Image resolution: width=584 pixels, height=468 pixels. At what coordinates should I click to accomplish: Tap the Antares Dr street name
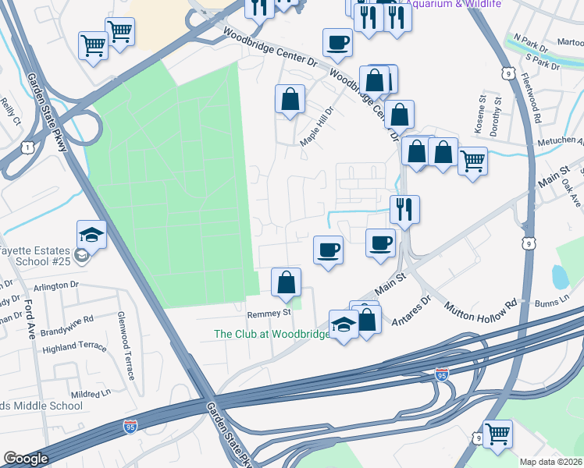pyautogui.click(x=415, y=310)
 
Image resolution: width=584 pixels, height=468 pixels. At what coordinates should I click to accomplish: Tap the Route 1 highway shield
pyautogui.click(x=28, y=147)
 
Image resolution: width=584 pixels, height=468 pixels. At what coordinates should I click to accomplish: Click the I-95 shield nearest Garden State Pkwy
pyautogui.click(x=130, y=427)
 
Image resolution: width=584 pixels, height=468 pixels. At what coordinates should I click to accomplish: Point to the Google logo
pyautogui.click(x=26, y=459)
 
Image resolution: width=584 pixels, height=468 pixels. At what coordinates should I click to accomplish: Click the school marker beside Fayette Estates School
pyautogui.click(x=91, y=234)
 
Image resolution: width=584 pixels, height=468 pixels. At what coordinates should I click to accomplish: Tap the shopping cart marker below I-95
pyautogui.click(x=497, y=434)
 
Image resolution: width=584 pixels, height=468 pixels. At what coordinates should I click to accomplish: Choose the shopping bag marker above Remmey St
pyautogui.click(x=287, y=282)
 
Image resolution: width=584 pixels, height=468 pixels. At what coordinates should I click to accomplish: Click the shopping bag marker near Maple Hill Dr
pyautogui.click(x=290, y=99)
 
